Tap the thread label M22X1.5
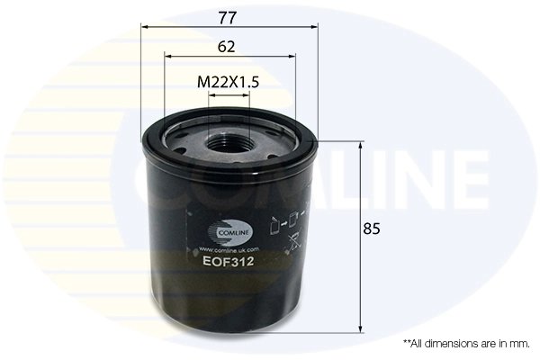coord(228,82)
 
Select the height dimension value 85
coord(370,229)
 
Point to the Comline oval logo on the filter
coord(225,230)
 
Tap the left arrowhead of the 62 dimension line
coord(166,57)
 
